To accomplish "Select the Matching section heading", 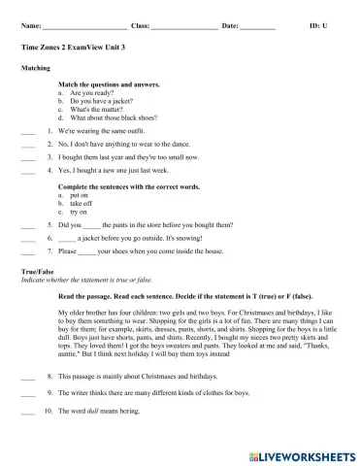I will click(x=36, y=69).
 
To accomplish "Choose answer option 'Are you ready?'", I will click(x=90, y=92).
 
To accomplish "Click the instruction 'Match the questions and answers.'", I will click(x=110, y=84).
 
